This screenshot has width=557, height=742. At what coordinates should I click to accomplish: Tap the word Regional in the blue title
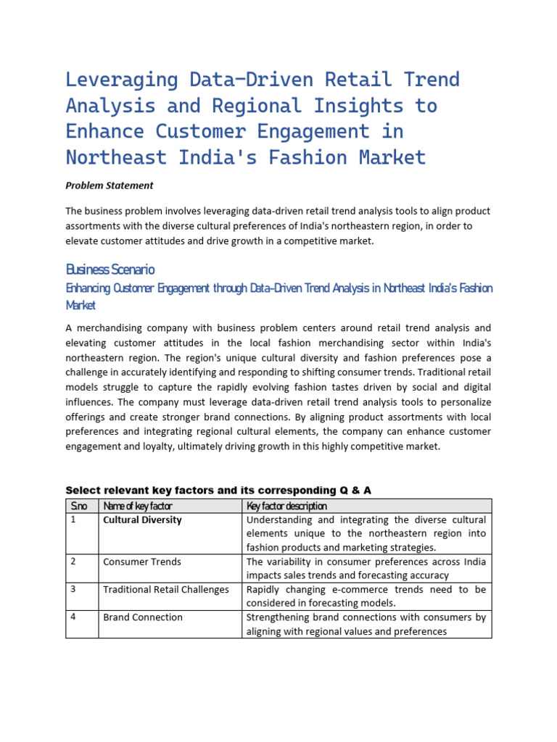(257, 105)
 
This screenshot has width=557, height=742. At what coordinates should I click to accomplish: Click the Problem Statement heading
(110, 185)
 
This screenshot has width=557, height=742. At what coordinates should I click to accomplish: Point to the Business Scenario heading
(110, 270)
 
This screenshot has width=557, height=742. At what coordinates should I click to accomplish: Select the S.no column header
(78, 506)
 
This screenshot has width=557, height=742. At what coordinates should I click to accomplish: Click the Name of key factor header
(138, 506)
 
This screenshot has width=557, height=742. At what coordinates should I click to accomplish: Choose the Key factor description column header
(286, 506)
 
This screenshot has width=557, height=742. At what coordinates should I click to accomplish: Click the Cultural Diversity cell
(142, 520)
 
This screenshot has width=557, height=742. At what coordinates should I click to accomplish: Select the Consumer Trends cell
(142, 562)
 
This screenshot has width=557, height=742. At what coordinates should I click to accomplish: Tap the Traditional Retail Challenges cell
(165, 589)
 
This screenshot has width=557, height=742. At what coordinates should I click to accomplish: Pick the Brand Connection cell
(143, 617)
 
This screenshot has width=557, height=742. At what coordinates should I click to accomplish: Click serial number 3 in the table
(73, 588)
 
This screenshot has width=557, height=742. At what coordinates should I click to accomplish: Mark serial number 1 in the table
(73, 520)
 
